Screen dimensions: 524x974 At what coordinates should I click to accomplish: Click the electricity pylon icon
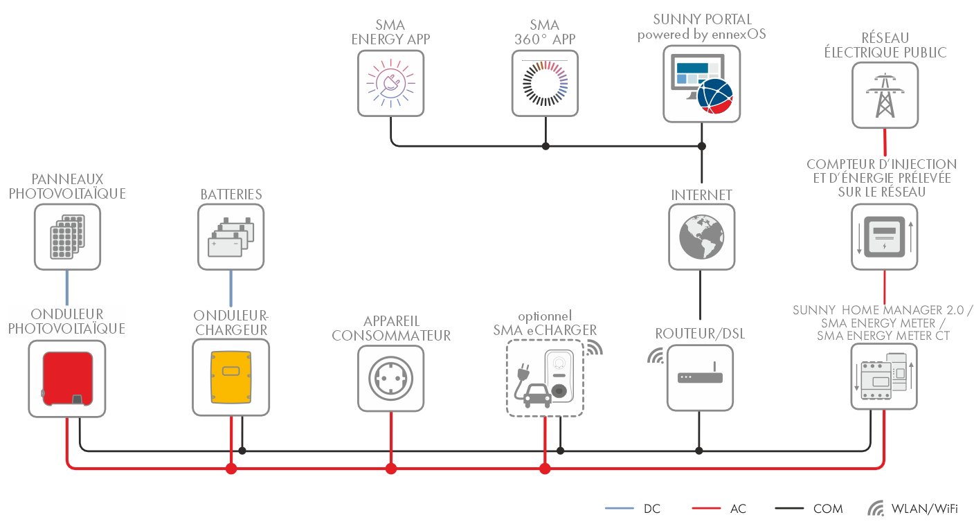click(x=885, y=96)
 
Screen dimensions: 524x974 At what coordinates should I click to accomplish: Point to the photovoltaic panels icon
click(x=67, y=237)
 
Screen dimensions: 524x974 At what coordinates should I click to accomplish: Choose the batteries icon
click(x=231, y=237)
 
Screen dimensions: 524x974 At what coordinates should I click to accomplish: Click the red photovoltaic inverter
click(x=67, y=378)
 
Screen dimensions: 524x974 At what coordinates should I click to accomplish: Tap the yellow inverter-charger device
click(x=231, y=378)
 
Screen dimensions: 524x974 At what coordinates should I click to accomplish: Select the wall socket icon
click(x=390, y=378)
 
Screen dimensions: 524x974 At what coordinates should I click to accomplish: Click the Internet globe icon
click(x=701, y=237)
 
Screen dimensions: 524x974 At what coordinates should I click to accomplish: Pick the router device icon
click(x=701, y=378)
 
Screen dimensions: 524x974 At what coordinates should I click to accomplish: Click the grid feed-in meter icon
click(x=885, y=237)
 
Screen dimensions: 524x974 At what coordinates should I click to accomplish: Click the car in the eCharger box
click(x=534, y=397)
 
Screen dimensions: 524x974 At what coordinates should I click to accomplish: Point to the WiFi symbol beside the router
click(x=656, y=356)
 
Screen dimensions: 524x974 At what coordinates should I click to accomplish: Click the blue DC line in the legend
click(x=620, y=509)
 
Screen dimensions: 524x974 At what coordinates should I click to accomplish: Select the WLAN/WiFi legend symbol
click(x=876, y=509)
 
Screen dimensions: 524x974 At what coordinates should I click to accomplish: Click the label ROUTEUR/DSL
click(x=701, y=333)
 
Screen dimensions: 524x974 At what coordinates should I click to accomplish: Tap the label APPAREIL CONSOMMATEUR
click(x=391, y=328)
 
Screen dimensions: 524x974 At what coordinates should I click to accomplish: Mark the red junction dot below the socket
click(x=391, y=469)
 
